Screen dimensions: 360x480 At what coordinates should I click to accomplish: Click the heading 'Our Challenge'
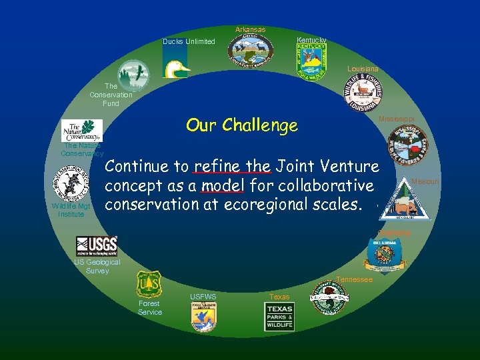[241, 125]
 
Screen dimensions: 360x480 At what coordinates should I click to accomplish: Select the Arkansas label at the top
[250, 29]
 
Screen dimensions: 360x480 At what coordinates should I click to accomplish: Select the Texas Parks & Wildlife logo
[279, 317]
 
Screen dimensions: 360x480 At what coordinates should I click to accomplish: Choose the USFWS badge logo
[203, 317]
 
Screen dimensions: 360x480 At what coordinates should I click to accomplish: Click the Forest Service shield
[149, 285]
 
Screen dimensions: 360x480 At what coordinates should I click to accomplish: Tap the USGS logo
[97, 247]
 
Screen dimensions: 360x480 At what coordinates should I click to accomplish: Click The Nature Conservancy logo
[82, 131]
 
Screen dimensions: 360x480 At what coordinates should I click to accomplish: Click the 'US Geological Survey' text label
[97, 267]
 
